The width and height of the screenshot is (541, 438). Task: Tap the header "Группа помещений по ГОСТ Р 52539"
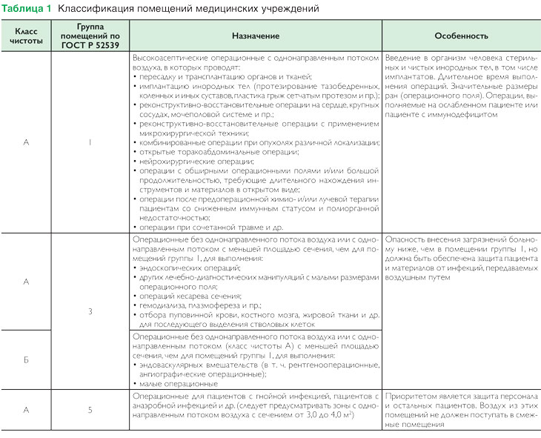pos(89,36)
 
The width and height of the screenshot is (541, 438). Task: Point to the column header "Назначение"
pos(255,36)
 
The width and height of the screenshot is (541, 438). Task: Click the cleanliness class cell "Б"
pos(27,359)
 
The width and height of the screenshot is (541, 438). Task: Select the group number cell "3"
pos(90,311)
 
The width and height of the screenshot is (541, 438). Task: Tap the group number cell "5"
pos(90,408)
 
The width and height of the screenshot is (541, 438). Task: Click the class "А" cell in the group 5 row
pos(27,408)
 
